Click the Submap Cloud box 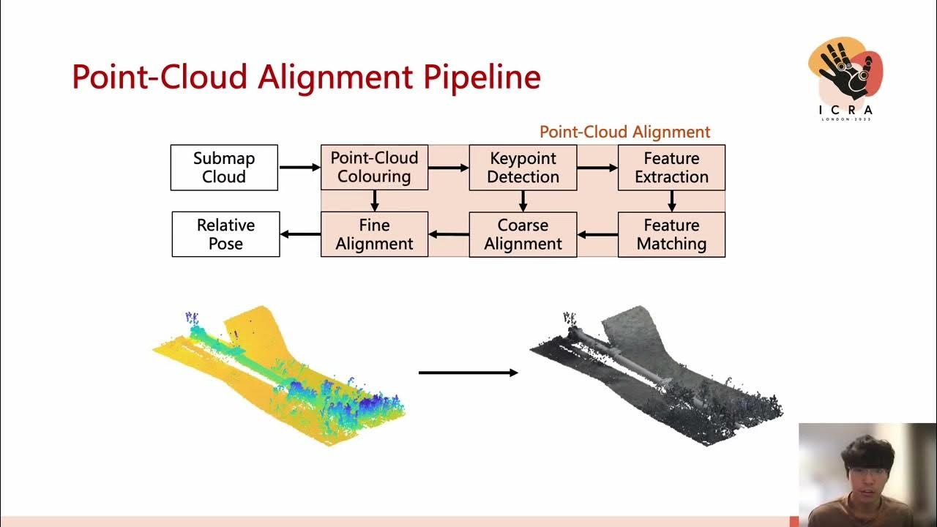tap(224, 168)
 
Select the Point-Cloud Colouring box tap(374, 168)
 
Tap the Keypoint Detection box tap(523, 168)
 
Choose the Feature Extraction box tap(671, 168)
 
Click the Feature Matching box tap(671, 234)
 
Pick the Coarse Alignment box tap(523, 234)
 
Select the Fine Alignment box tap(374, 234)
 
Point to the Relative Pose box tap(225, 234)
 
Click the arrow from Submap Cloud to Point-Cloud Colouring tap(299, 168)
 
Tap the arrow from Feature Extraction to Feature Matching tap(671, 201)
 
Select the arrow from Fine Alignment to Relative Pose tap(300, 234)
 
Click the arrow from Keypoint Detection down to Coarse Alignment tap(523, 201)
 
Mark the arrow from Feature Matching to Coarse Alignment tap(597, 234)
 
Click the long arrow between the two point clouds tap(468, 373)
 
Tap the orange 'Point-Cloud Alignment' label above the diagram tap(624, 132)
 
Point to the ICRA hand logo tap(845, 73)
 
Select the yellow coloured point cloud tap(278, 373)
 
